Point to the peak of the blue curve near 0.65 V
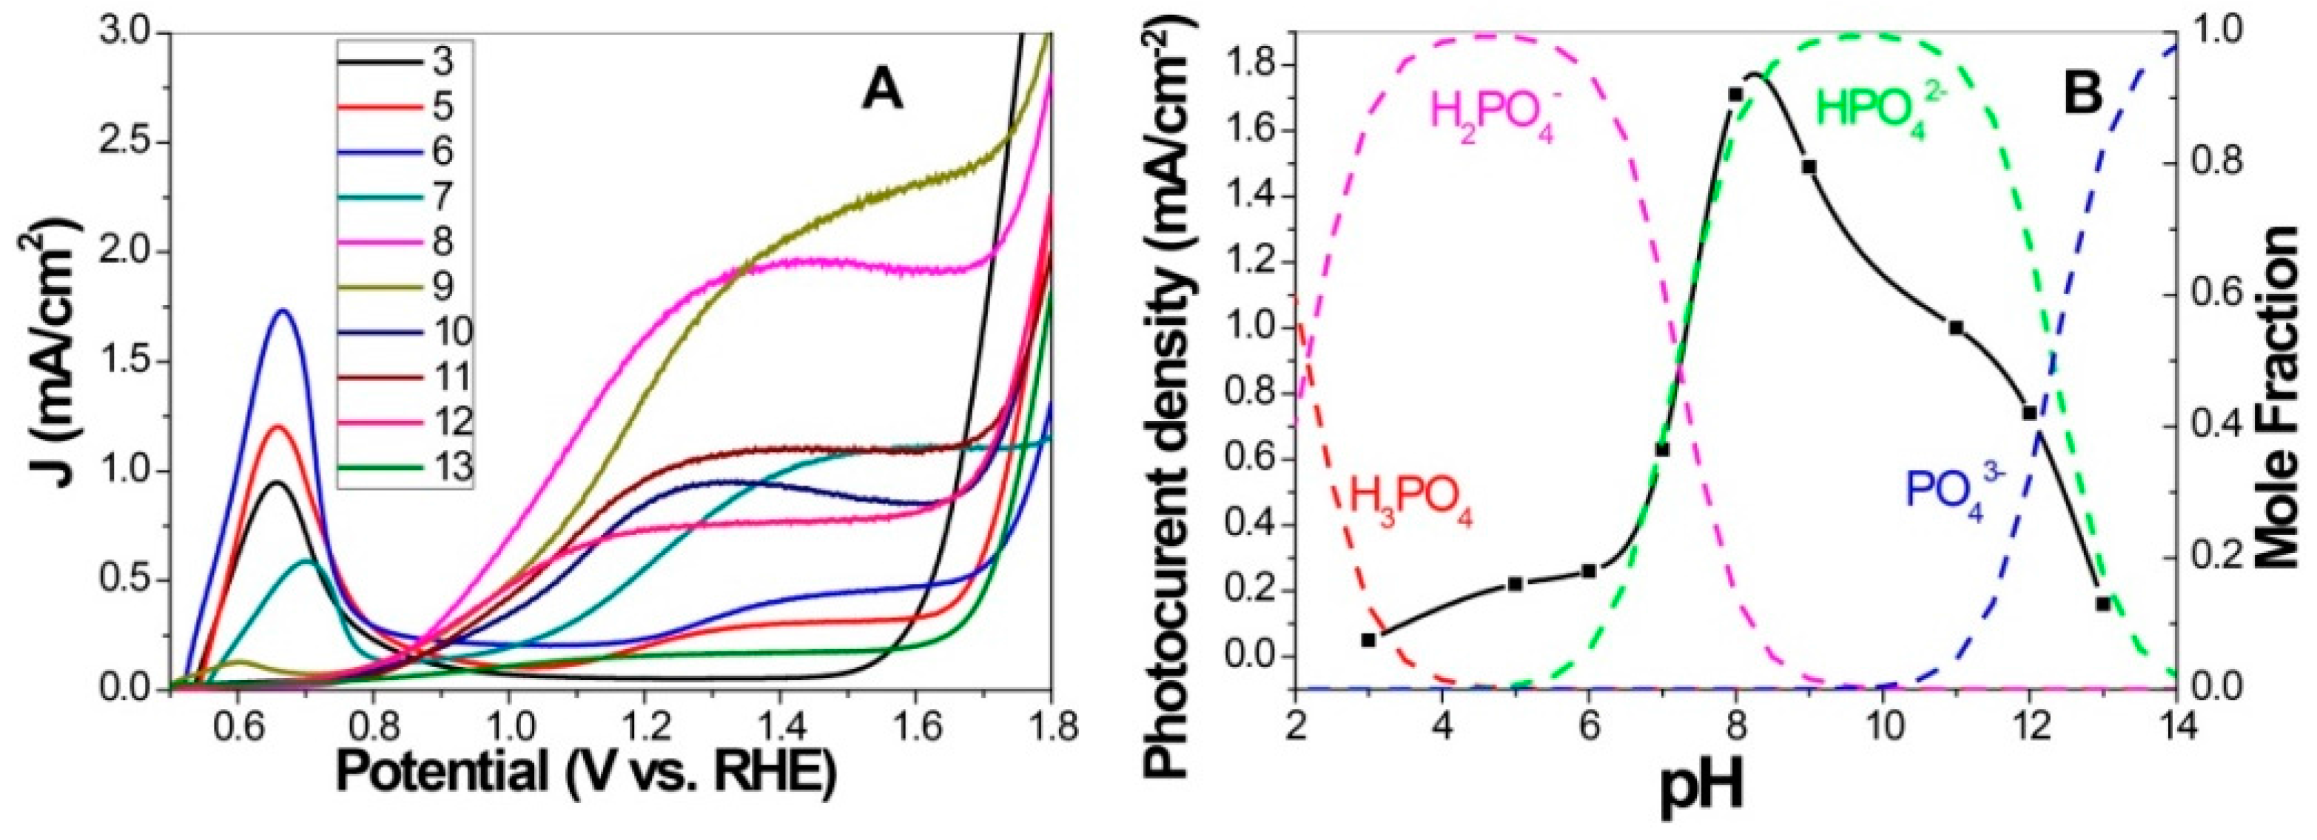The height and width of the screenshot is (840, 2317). click(x=285, y=310)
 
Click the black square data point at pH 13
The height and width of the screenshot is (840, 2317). click(x=2103, y=603)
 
